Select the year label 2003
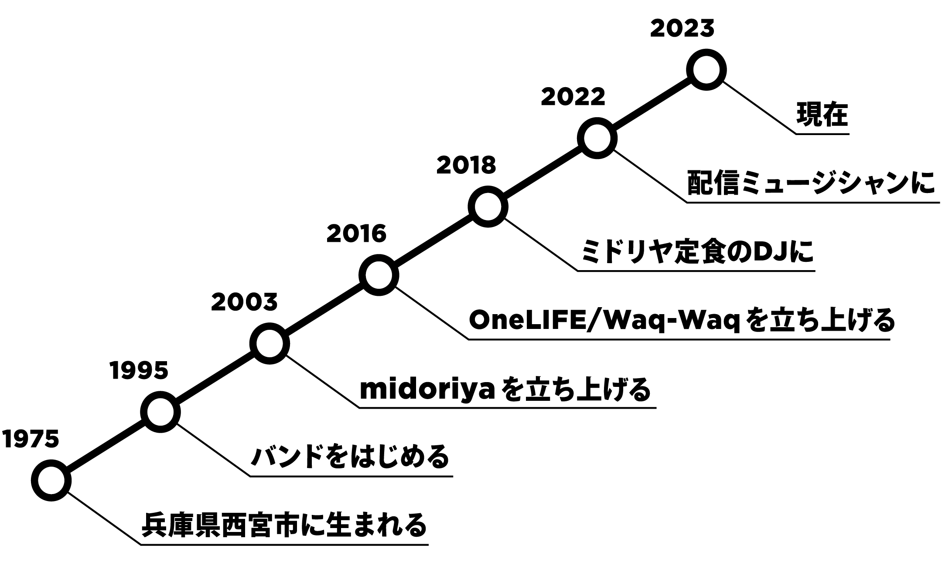[244, 302]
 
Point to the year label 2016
[356, 234]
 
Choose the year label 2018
[466, 166]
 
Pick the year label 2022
[573, 97]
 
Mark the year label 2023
[682, 29]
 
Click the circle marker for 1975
[51, 480]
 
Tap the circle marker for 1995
[160, 412]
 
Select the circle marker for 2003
[270, 343]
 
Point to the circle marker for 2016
[379, 275]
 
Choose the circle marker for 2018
[488, 207]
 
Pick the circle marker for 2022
[597, 138]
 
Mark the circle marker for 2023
[706, 70]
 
